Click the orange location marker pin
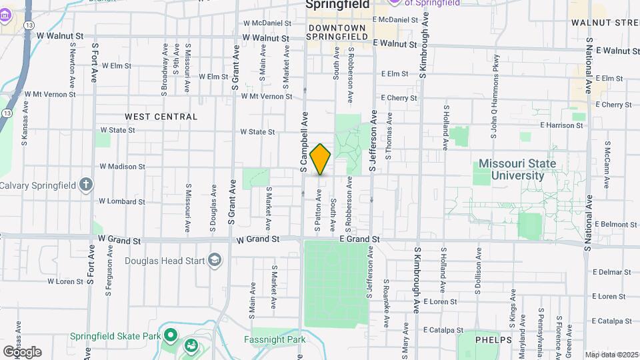(320, 159)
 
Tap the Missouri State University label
(517, 169)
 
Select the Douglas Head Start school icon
(215, 260)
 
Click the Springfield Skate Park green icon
(171, 335)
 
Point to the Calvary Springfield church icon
(85, 185)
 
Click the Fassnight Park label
(279, 340)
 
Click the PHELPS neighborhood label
(494, 340)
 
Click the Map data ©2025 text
(611, 354)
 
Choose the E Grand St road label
(359, 239)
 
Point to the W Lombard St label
(121, 201)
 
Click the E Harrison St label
(562, 125)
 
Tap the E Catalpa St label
(443, 329)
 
